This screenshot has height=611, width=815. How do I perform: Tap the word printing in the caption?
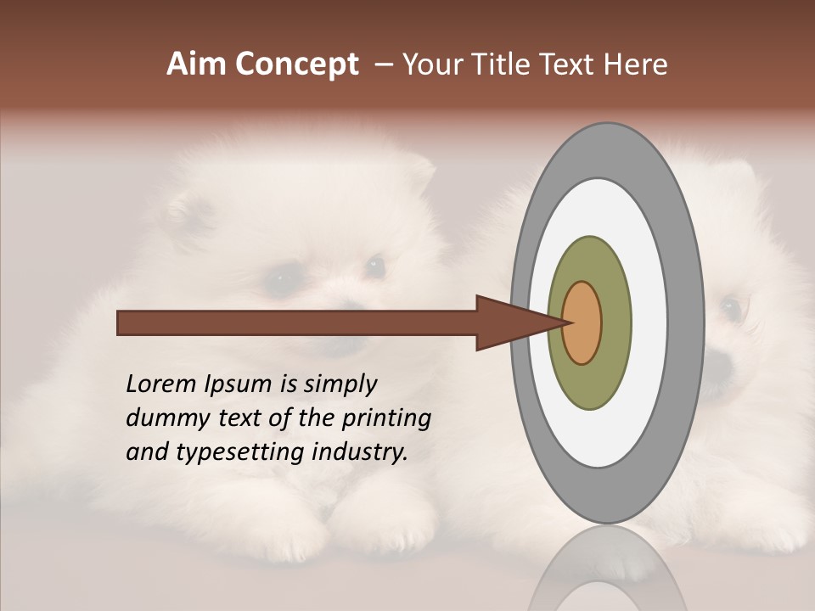(386, 418)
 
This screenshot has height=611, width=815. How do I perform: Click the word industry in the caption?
(359, 451)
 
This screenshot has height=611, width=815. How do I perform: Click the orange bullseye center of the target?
(582, 322)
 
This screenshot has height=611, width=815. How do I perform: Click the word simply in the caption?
(340, 384)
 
